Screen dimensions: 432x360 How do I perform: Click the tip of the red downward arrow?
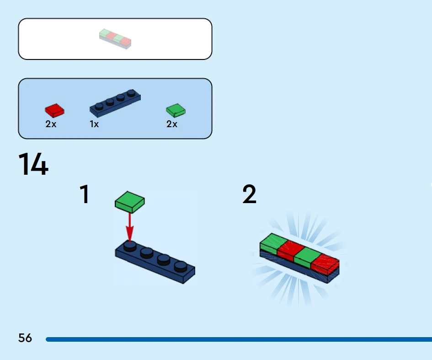(x=130, y=243)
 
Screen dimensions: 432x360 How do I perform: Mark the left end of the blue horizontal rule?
(x=46, y=339)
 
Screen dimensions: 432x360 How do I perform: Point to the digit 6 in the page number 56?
(x=29, y=338)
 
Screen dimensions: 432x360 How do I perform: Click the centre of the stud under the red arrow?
(x=130, y=246)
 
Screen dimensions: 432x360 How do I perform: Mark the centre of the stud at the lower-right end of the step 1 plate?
(x=181, y=267)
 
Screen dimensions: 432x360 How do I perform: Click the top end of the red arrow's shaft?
(x=130, y=213)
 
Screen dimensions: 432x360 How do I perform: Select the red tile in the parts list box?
(x=54, y=110)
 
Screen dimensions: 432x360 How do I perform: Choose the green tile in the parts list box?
(x=176, y=110)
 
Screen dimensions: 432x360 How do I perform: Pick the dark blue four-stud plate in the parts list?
(x=115, y=102)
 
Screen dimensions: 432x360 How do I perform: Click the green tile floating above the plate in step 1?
(x=130, y=202)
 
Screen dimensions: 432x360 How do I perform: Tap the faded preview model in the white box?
(x=115, y=39)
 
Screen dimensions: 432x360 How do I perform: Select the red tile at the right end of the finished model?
(x=325, y=264)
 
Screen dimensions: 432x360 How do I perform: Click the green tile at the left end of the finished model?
(x=273, y=243)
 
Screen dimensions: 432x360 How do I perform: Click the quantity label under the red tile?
(x=51, y=124)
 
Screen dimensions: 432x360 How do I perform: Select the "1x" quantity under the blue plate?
(x=94, y=124)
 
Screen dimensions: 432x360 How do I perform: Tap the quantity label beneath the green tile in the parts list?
(x=172, y=124)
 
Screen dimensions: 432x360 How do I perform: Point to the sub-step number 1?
(x=85, y=194)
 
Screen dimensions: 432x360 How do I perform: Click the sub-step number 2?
(x=249, y=194)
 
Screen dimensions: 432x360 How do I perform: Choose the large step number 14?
(x=33, y=164)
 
